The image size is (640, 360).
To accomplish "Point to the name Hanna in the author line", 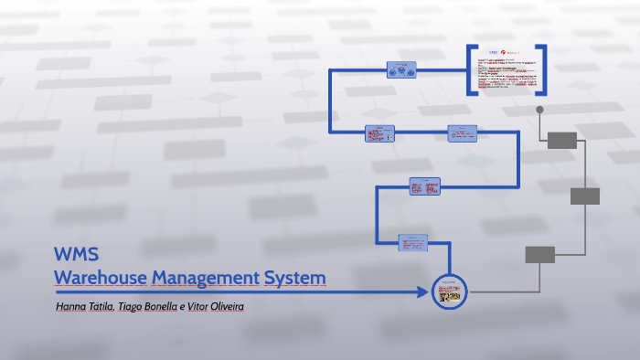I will point(71,306).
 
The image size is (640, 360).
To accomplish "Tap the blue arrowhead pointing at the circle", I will point(422,292).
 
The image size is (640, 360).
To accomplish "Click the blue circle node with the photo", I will point(449,292).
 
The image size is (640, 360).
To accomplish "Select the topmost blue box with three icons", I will point(400,69).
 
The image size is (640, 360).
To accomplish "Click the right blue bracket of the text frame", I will point(544,70).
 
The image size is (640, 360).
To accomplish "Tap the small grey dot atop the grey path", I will point(539,110).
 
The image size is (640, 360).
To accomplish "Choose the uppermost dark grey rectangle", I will point(561,140).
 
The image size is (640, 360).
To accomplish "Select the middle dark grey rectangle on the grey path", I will point(585,196).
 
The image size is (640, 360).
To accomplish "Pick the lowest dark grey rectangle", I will point(539,255).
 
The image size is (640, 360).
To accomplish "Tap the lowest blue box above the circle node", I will point(413,243).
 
